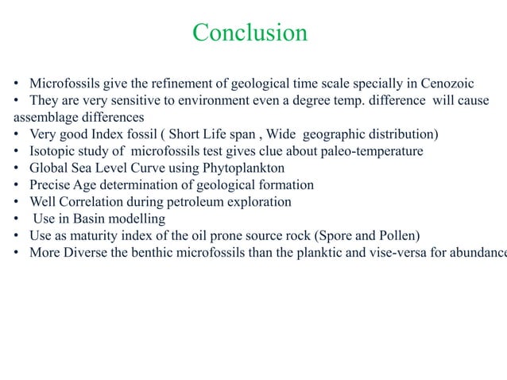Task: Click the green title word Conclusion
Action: pos(250,33)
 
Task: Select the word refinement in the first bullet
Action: pos(194,83)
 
